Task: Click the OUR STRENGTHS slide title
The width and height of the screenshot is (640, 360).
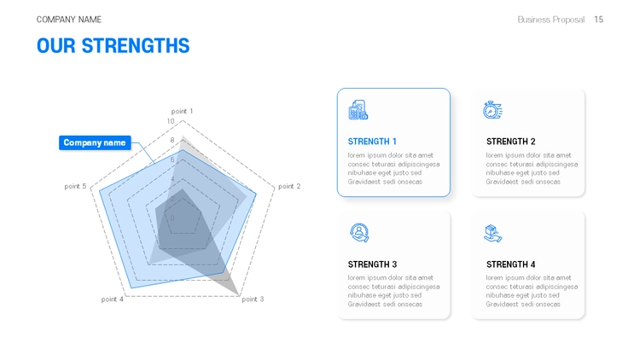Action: [x=113, y=46]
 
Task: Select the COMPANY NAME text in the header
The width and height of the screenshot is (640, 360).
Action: [x=69, y=20]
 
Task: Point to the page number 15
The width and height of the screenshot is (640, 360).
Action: [x=598, y=20]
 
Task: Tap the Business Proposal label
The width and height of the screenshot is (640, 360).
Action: [x=551, y=20]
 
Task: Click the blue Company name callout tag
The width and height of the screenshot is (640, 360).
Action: [x=95, y=142]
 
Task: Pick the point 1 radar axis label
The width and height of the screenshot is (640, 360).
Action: [x=182, y=111]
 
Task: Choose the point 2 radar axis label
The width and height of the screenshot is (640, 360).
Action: [x=289, y=186]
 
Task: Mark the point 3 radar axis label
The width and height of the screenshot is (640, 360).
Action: [x=253, y=299]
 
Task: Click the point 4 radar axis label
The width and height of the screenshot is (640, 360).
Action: [x=113, y=299]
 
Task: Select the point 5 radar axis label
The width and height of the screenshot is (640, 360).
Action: [x=75, y=186]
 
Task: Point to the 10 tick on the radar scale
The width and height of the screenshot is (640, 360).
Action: [x=171, y=121]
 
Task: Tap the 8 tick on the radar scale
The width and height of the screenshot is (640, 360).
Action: [x=172, y=141]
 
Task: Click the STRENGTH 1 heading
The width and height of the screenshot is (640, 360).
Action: [x=372, y=142]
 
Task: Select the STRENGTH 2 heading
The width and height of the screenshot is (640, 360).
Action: [x=510, y=142]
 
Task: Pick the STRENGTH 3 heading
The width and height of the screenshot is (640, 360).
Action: [x=372, y=264]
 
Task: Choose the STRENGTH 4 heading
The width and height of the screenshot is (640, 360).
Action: [x=510, y=264]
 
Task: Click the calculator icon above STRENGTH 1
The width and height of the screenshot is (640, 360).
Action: [x=358, y=110]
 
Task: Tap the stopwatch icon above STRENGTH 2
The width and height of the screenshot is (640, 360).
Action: [x=492, y=110]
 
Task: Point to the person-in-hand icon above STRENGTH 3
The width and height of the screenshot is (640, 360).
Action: [x=359, y=233]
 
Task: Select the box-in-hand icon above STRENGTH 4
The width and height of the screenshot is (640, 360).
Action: [x=492, y=234]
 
